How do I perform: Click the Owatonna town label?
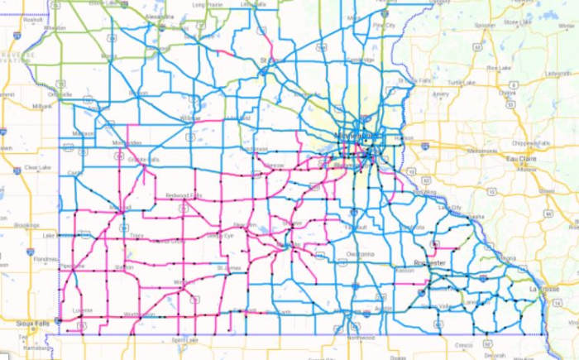coord(361,253)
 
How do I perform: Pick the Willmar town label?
coord(190,118)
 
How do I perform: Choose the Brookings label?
coord(27,224)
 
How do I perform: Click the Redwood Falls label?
coord(184,194)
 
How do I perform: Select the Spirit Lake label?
coord(184,339)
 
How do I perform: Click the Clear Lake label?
coord(37,167)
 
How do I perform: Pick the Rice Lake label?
coord(498,68)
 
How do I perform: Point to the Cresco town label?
coord(464,343)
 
